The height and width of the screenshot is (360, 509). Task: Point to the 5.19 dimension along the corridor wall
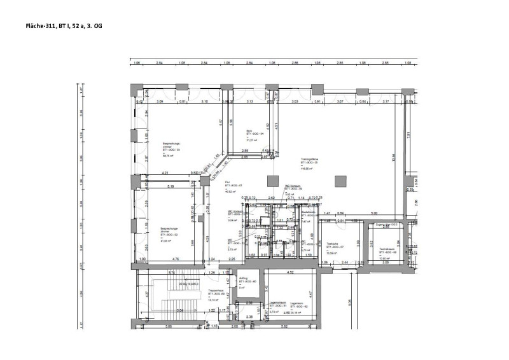point(171,187)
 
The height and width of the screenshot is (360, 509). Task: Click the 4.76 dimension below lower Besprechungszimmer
point(175,260)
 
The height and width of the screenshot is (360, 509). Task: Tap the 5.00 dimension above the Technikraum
point(374,212)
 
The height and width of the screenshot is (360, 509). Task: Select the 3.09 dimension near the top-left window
point(160,102)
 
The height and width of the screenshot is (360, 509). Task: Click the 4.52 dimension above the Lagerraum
point(289,273)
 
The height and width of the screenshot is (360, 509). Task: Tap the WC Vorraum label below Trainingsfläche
point(292,188)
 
